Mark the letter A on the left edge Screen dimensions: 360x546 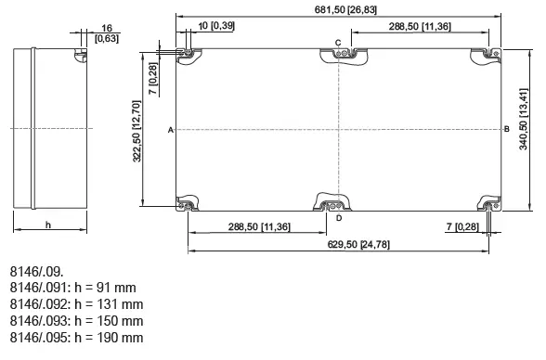point(171,130)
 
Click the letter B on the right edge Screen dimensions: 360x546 point(506,130)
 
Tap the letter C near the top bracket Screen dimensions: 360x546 point(338,43)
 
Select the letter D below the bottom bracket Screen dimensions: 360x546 point(339,218)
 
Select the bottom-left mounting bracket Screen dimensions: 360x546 point(188,203)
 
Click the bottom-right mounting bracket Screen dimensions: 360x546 point(487,203)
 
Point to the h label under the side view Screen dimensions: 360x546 point(47,225)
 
